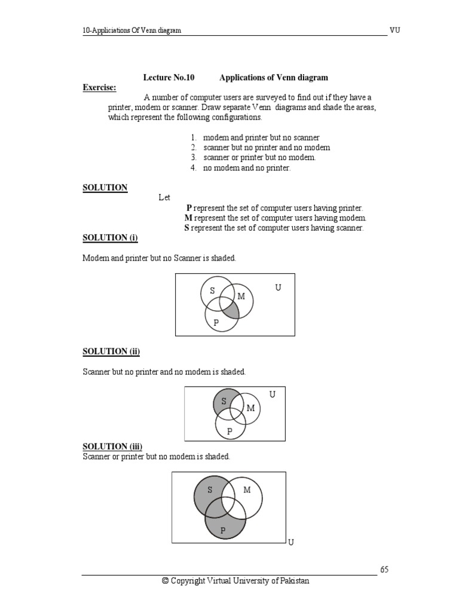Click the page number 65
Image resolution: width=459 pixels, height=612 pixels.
[x=384, y=570]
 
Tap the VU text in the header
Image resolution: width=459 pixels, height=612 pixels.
[x=395, y=30]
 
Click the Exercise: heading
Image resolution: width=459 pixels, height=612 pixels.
[x=99, y=88]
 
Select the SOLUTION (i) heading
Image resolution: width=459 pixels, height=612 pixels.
[x=110, y=238]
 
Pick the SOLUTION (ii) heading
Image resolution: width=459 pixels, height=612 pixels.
[x=111, y=351]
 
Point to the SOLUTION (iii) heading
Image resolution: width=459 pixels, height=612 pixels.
[x=112, y=446]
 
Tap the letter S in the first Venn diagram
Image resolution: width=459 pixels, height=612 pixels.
[x=212, y=291]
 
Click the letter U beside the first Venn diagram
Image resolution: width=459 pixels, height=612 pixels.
[x=278, y=288]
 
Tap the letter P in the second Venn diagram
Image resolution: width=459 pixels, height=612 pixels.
[x=229, y=431]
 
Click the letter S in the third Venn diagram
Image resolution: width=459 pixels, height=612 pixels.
[x=210, y=490]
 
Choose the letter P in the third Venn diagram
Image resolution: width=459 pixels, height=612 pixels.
[x=223, y=530]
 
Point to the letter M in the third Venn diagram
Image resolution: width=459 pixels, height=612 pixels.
[x=247, y=490]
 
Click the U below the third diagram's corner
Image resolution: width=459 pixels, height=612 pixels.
[x=291, y=542]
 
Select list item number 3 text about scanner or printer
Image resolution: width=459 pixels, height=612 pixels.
[x=259, y=157]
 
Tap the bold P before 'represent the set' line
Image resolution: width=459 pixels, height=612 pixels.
[x=189, y=208]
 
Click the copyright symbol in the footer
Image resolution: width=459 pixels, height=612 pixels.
[x=166, y=581]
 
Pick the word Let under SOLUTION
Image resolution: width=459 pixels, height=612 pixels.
[x=165, y=197]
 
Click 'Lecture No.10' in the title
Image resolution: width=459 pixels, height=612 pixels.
[x=169, y=78]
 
